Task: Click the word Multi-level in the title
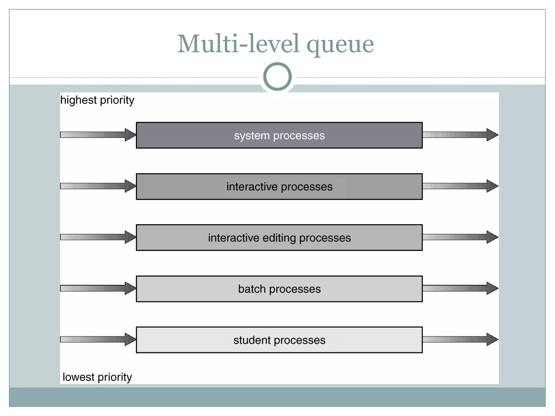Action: coord(238,44)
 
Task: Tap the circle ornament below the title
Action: coord(277,76)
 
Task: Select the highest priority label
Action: coord(97,100)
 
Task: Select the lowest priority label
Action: coord(97,377)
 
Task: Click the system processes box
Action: coord(279,135)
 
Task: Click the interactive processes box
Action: coord(279,187)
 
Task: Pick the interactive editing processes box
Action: coord(279,238)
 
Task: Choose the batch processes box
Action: coord(279,289)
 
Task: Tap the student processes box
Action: coord(279,340)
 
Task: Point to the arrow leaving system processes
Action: coord(460,135)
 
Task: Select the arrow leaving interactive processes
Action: coord(460,186)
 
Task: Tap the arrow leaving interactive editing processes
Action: coord(460,237)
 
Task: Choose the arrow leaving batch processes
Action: coord(460,288)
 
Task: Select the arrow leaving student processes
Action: coord(460,339)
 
